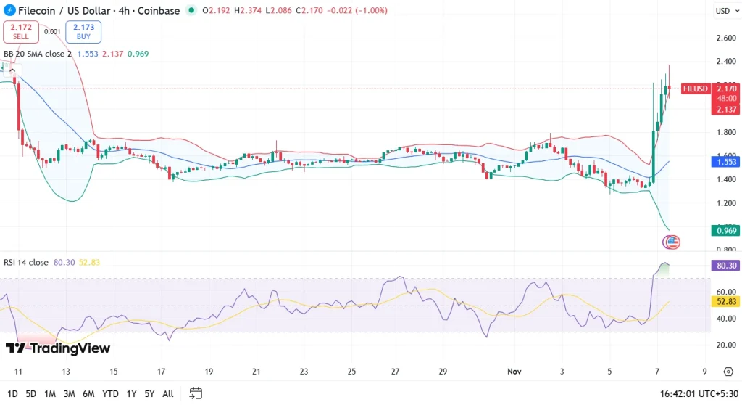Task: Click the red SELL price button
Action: click(20, 31)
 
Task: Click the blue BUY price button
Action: click(83, 31)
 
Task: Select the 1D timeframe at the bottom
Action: click(12, 393)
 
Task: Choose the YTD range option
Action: click(110, 393)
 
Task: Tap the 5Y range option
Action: click(149, 393)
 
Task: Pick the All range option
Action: click(167, 393)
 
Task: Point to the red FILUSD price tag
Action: click(695, 89)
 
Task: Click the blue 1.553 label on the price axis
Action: click(726, 163)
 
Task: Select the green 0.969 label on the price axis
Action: click(726, 231)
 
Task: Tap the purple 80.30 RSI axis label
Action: click(726, 266)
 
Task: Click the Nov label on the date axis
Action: click(514, 372)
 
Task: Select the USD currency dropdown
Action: click(725, 11)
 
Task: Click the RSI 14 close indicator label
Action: click(25, 263)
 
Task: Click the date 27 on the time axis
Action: click(396, 372)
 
